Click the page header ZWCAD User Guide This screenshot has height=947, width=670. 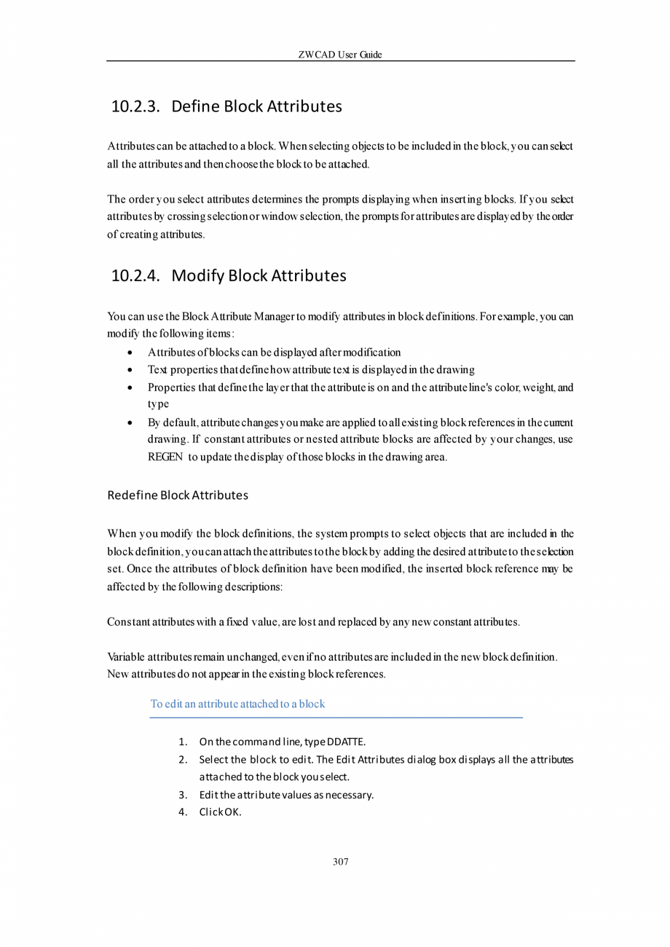pos(340,55)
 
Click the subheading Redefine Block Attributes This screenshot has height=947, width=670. pos(178,495)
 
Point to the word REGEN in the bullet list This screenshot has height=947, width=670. pos(165,457)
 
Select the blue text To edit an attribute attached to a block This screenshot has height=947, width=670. pos(237,704)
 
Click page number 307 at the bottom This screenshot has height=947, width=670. pos(340,862)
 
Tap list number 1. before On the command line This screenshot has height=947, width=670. pos(183,742)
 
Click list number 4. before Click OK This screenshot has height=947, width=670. pos(183,812)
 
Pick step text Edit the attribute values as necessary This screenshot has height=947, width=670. pos(286,795)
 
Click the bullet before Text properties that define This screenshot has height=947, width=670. pos(129,370)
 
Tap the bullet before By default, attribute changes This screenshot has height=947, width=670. pos(129,423)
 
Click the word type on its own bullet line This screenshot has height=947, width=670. pos(158,404)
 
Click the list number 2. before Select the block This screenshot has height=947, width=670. pos(183,760)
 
